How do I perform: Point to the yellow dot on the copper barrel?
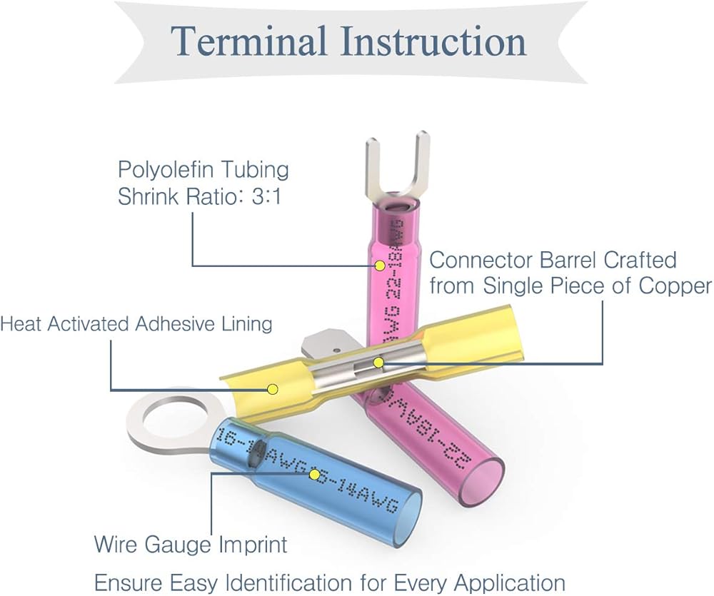pyautogui.click(x=379, y=363)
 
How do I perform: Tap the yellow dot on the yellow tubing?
pyautogui.click(x=272, y=389)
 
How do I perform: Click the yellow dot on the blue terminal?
pyautogui.click(x=314, y=474)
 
